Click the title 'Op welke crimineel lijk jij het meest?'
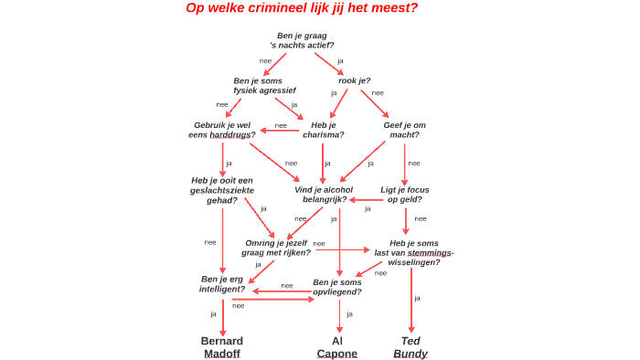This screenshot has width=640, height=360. (302, 8)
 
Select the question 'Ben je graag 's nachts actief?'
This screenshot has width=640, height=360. (302, 40)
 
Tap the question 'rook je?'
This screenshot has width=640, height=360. (355, 80)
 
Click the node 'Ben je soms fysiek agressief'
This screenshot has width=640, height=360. (264, 85)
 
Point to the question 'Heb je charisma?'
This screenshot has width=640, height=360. (324, 130)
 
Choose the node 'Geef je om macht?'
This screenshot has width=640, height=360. (404, 130)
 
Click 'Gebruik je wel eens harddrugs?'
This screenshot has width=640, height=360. (222, 130)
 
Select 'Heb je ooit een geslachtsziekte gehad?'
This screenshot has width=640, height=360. (222, 190)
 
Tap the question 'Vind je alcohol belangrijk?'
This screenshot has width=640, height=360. (323, 194)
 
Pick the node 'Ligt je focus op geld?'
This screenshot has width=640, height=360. (405, 194)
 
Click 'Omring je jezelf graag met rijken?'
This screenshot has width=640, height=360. (276, 248)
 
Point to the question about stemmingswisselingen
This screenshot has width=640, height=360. (414, 252)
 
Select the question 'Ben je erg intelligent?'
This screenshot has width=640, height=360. (222, 283)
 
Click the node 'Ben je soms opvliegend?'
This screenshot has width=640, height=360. (337, 287)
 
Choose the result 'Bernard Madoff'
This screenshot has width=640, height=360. (222, 347)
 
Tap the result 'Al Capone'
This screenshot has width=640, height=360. (337, 347)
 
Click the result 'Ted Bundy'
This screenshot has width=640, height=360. (411, 347)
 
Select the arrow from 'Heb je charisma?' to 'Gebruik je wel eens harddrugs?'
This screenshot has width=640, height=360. (280, 130)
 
